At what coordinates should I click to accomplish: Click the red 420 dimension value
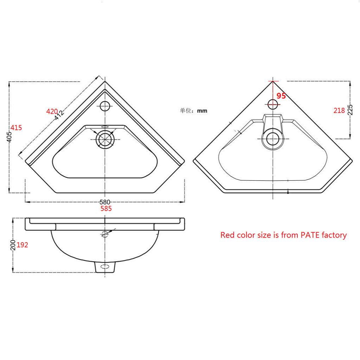[x=52, y=111]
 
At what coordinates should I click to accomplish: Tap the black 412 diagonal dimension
[x=59, y=115]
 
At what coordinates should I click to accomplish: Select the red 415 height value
[x=16, y=128]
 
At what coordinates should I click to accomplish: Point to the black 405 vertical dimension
[x=9, y=137]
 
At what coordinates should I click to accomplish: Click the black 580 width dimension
[x=105, y=202]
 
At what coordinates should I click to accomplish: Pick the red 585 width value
[x=106, y=208]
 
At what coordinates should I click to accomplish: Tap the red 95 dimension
[x=281, y=96]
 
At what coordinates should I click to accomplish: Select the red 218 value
[x=339, y=111]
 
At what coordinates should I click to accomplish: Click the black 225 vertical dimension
[x=350, y=110]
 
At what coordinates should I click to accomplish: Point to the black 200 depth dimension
[x=13, y=245]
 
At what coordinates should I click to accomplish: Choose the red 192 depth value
[x=22, y=245]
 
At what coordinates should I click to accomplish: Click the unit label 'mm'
[x=202, y=111]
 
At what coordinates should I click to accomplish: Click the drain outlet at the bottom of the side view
[x=105, y=267]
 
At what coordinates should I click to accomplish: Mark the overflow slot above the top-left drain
[x=105, y=127]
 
